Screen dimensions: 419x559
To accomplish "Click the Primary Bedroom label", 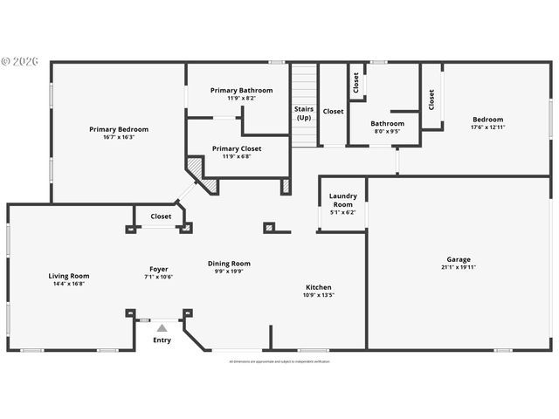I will click(x=119, y=129).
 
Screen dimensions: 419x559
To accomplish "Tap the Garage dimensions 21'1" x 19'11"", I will click(x=459, y=268).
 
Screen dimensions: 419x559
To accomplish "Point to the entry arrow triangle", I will click(x=162, y=327).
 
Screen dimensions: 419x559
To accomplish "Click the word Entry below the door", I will click(x=162, y=340).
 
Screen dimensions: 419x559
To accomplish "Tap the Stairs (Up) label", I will click(x=303, y=113).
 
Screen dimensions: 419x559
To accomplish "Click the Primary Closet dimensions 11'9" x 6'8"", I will click(x=237, y=157).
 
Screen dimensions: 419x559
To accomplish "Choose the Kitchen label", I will click(x=318, y=287).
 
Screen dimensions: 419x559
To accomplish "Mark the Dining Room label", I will click(x=229, y=264).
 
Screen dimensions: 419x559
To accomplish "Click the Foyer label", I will click(x=159, y=269).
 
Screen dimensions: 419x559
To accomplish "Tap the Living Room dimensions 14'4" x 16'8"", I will click(x=68, y=285).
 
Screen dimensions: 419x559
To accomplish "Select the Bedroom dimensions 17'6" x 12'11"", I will click(x=487, y=127).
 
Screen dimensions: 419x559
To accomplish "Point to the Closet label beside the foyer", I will click(x=161, y=216).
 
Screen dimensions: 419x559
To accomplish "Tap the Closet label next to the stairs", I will click(x=334, y=112).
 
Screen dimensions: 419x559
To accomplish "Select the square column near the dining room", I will click(x=269, y=228).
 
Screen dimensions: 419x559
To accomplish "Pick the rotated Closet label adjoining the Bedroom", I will click(x=431, y=100).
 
